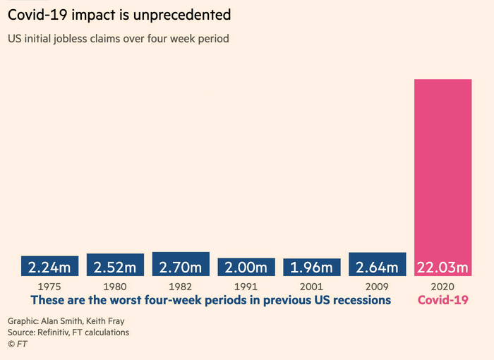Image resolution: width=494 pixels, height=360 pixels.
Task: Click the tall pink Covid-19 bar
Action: click(x=442, y=169)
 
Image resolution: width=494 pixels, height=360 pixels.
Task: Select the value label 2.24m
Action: click(x=49, y=268)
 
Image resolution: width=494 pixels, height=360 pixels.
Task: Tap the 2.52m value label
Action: click(x=115, y=268)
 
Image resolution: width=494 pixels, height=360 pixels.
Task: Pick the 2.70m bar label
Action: click(x=181, y=268)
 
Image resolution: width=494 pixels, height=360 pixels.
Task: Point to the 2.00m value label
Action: click(x=246, y=268)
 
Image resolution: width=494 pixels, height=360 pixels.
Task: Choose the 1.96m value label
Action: click(x=312, y=268)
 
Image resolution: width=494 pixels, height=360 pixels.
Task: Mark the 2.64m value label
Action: click(x=378, y=268)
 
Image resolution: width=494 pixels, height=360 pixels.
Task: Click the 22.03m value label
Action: click(x=442, y=268)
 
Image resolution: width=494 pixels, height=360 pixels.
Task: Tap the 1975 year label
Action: click(x=49, y=287)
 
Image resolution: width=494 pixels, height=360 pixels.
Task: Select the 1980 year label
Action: click(x=115, y=287)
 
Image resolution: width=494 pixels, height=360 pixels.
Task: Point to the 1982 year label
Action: click(x=181, y=287)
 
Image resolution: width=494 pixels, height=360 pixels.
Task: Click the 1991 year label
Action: click(x=246, y=287)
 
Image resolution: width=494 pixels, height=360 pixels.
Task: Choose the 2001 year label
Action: click(x=312, y=287)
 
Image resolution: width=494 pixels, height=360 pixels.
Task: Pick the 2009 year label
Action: click(x=378, y=287)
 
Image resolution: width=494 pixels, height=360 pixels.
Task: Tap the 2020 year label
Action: click(x=442, y=287)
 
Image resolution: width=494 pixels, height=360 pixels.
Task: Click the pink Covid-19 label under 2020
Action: click(x=443, y=300)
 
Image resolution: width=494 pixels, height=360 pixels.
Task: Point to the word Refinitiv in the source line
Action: click(x=61, y=332)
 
